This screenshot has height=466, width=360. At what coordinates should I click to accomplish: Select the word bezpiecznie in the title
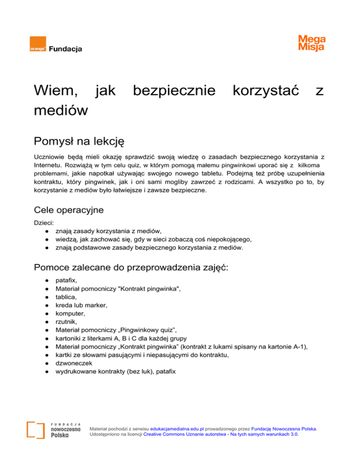(174, 90)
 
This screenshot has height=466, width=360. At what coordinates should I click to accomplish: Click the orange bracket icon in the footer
(36, 430)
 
